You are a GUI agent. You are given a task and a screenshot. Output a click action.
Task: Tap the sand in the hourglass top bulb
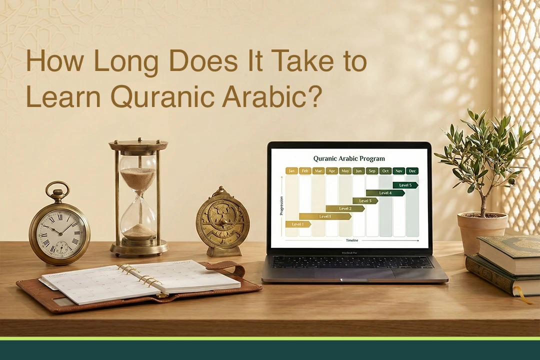(138, 178)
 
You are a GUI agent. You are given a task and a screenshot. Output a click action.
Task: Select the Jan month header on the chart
(292, 171)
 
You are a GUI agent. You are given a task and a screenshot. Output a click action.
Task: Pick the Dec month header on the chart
(412, 171)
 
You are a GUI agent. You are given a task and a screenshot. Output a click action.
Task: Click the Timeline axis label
(352, 240)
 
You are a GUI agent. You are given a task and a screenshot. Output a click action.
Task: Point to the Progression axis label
(281, 205)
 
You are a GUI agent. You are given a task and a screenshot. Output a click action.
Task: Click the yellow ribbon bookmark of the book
(523, 295)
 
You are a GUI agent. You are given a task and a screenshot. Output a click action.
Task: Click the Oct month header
(385, 171)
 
